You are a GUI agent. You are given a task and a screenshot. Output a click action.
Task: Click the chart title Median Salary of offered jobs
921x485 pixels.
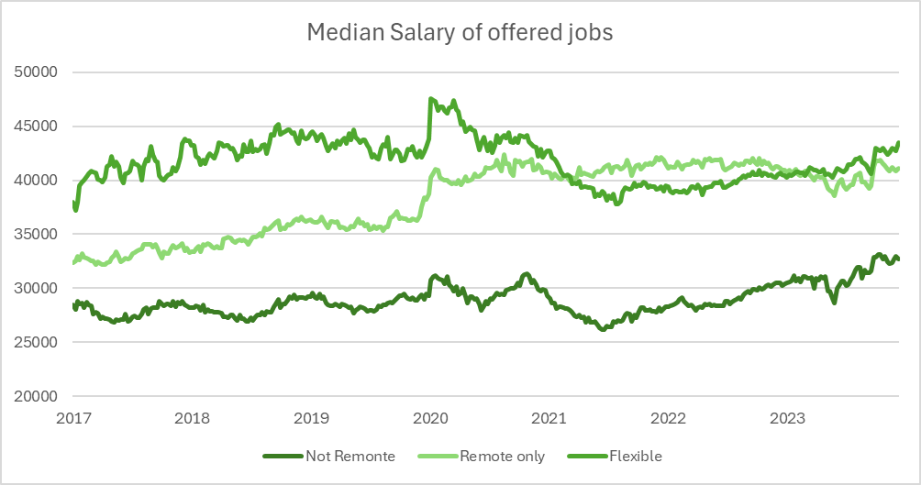click(460, 33)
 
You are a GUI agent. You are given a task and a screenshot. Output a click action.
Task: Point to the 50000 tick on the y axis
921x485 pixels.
click(39, 72)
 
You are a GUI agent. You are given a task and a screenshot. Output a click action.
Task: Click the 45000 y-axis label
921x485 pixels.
click(39, 127)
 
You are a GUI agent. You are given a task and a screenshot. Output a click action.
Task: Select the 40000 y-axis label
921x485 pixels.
click(39, 181)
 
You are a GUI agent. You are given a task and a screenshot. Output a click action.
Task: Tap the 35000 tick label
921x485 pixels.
click(39, 234)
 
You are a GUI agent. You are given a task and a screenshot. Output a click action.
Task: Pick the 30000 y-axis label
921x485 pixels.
click(39, 288)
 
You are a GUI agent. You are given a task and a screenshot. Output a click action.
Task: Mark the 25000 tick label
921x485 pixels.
click(39, 342)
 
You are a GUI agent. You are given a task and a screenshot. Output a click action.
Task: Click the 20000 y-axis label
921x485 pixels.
click(39, 396)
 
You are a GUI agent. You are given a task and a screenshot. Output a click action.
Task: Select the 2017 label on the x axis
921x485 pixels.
click(72, 418)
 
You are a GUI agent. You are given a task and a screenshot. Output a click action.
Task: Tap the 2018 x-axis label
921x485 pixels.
click(192, 418)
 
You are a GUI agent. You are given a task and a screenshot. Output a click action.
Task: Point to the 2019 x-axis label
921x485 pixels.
click(311, 418)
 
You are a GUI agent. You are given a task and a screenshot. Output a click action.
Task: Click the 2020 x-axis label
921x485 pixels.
click(430, 418)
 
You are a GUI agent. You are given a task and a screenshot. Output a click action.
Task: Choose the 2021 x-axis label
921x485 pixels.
click(549, 418)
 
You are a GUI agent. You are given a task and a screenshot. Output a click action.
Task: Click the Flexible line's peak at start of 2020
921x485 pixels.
click(431, 99)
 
